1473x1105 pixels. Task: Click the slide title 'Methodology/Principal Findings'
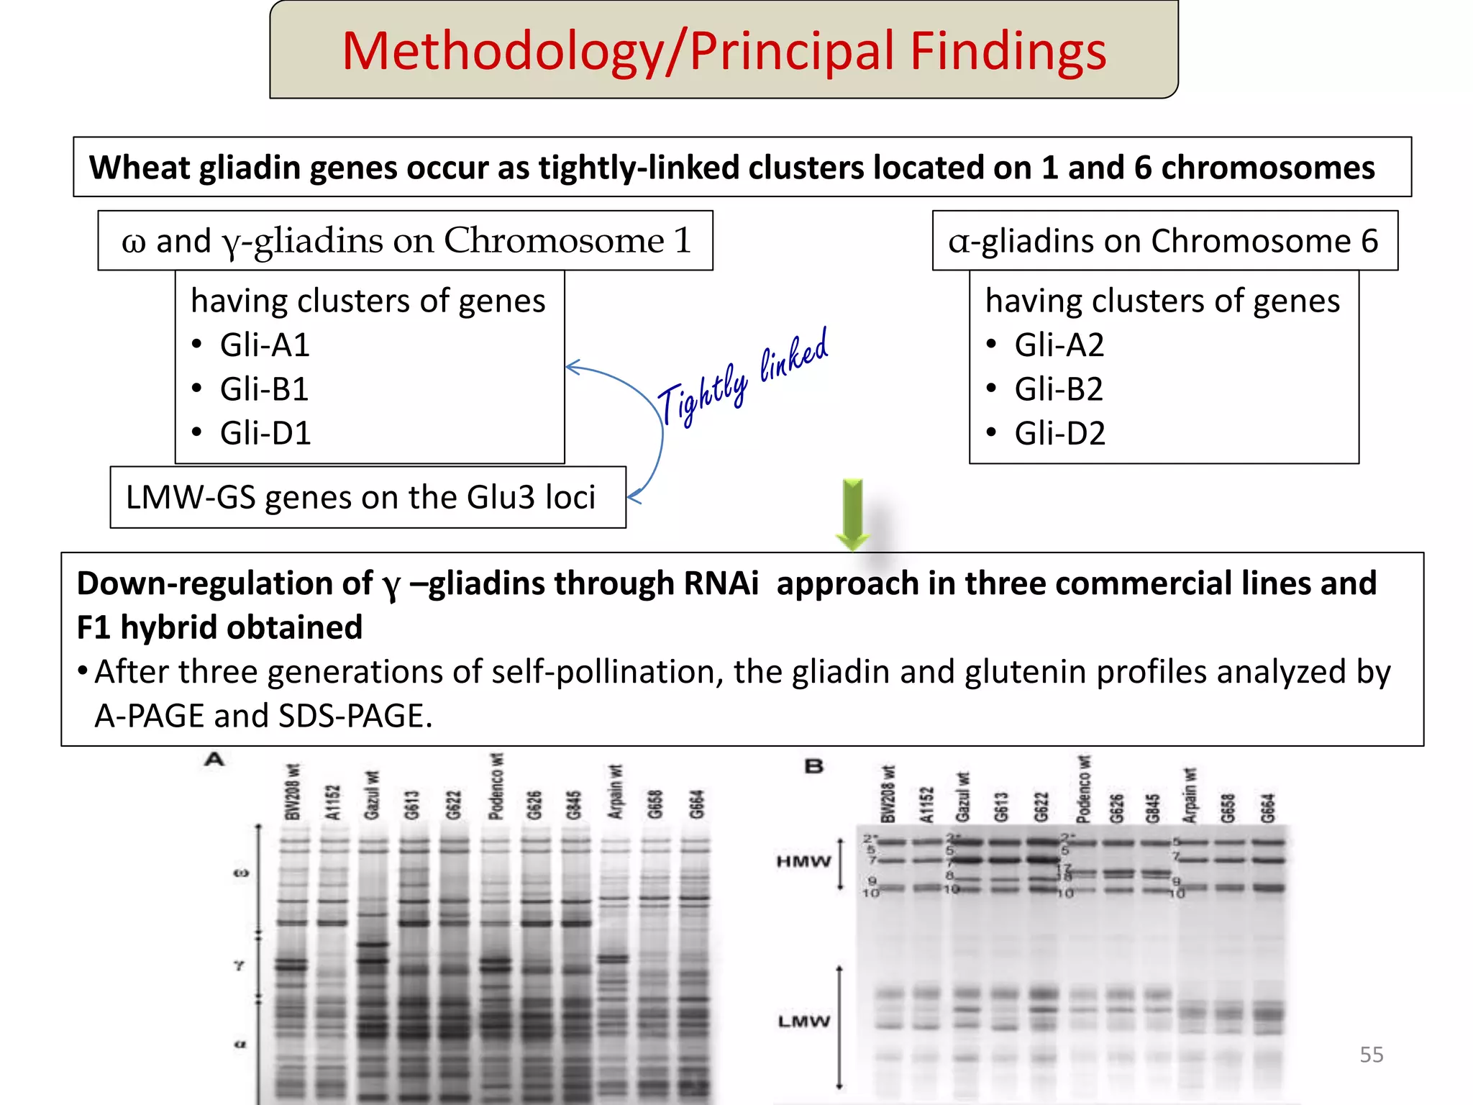pyautogui.click(x=724, y=51)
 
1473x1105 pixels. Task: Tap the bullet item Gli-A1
pyautogui.click(x=265, y=345)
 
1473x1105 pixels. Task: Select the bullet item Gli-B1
pyautogui.click(x=264, y=389)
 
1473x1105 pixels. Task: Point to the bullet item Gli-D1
pyautogui.click(x=265, y=433)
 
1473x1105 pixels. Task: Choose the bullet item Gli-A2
pyautogui.click(x=1059, y=345)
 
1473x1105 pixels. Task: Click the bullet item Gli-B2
pyautogui.click(x=1058, y=389)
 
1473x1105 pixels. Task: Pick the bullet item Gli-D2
pyautogui.click(x=1059, y=433)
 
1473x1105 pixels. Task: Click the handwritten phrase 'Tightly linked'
pyautogui.click(x=742, y=378)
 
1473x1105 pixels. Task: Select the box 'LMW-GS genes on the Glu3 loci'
pyautogui.click(x=368, y=497)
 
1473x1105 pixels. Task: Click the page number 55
pyautogui.click(x=1371, y=1055)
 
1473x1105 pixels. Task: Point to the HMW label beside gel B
pyautogui.click(x=803, y=861)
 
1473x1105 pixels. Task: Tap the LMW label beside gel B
pyautogui.click(x=803, y=1021)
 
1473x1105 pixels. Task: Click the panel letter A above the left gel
pyautogui.click(x=214, y=760)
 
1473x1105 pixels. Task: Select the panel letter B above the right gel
pyautogui.click(x=813, y=767)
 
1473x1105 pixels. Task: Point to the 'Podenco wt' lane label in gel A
pyautogui.click(x=496, y=787)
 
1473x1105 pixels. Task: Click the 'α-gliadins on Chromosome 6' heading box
pyautogui.click(x=1164, y=240)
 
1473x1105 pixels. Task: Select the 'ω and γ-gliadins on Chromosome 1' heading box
pyautogui.click(x=405, y=240)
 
